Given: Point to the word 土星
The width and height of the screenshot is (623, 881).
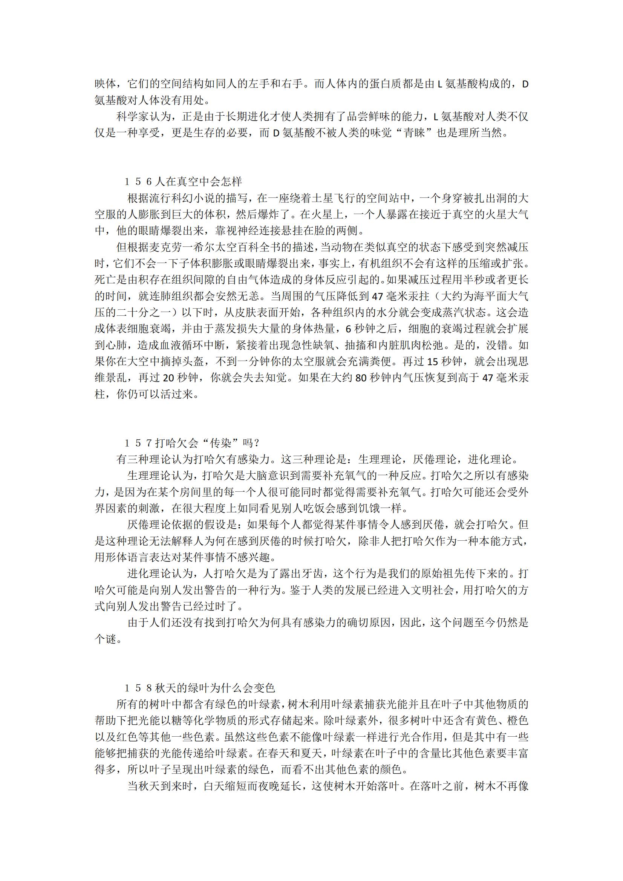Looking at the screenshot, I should tap(325, 198).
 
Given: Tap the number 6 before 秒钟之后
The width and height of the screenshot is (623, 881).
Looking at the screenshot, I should tap(348, 329).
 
